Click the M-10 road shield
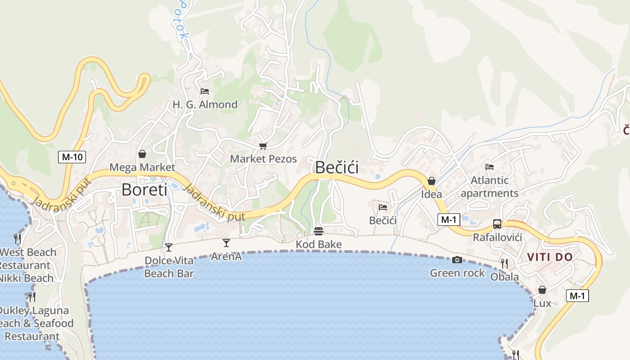72,157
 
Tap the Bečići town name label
337,167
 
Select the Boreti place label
144,189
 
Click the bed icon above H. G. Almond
205,91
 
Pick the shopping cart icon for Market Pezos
263,146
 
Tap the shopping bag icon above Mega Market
142,154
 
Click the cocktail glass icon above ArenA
226,243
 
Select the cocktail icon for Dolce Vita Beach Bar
169,247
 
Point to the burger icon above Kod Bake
319,231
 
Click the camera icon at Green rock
457,260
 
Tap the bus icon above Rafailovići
497,224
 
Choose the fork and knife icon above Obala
504,263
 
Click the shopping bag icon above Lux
542,290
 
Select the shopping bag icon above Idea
432,181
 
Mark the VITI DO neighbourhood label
549,257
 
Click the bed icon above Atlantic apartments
490,167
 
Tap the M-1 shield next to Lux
577,296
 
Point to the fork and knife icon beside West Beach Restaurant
18,238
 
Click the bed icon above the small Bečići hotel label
383,207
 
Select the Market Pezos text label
263,159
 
